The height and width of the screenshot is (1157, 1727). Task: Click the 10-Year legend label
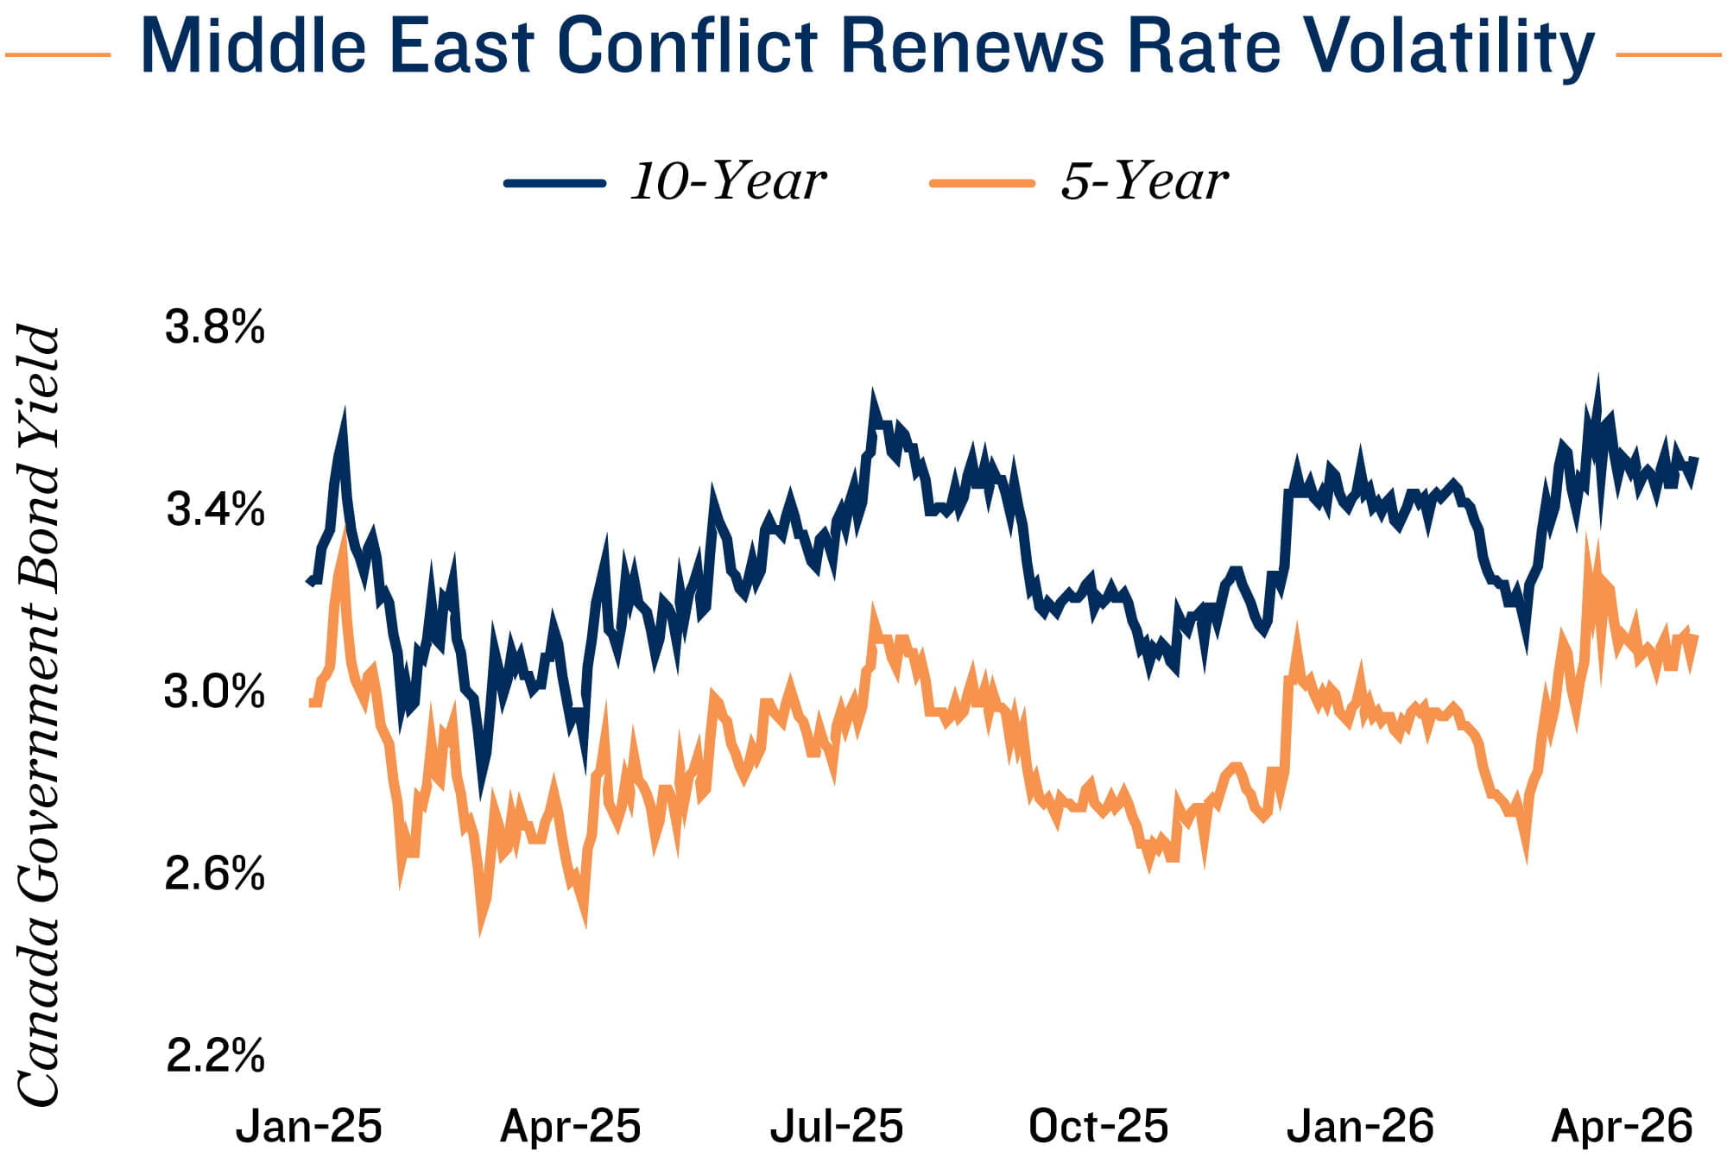[x=728, y=181]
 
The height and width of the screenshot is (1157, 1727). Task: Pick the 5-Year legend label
[x=1144, y=181]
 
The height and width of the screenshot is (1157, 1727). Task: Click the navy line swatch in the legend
[x=554, y=183]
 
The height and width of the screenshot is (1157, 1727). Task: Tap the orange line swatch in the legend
[x=982, y=183]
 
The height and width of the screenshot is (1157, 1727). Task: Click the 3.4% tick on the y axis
[x=214, y=509]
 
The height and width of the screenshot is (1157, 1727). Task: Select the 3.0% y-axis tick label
[x=214, y=692]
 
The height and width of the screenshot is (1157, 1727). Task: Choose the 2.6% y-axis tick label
[x=214, y=874]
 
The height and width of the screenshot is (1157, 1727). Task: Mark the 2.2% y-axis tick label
[x=214, y=1055]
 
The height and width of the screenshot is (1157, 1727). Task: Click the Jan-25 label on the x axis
[x=308, y=1126]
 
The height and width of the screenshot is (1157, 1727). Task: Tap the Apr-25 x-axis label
[x=571, y=1126]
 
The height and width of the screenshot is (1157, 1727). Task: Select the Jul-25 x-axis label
[x=836, y=1126]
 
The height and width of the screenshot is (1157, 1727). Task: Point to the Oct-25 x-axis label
[x=1098, y=1126]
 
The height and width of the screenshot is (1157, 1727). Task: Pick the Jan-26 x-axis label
[x=1360, y=1126]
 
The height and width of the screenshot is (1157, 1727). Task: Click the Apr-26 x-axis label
[x=1623, y=1126]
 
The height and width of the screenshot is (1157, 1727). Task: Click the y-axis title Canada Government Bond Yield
[x=39, y=715]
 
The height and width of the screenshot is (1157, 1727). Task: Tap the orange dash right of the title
[x=1667, y=55]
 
